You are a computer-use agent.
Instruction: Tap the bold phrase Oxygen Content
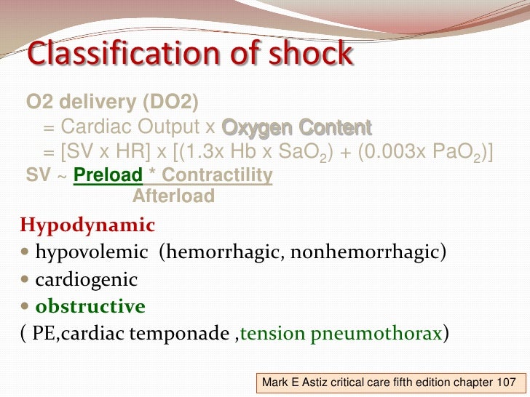pos(296,128)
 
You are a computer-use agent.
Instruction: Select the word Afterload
pos(173,196)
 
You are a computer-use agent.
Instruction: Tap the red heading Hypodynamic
pos(79,225)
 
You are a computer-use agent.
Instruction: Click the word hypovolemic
pos(89,252)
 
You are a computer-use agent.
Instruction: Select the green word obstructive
pos(91,306)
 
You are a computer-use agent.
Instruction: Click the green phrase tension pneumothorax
pos(341,334)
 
